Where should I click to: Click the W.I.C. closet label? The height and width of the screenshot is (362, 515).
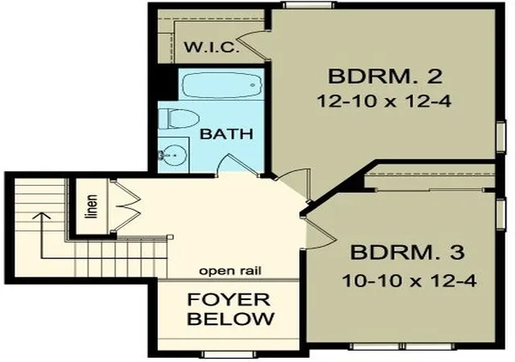coord(212,47)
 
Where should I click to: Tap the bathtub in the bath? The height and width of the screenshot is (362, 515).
coord(222,84)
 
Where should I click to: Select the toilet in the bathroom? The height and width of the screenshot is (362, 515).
coord(179,118)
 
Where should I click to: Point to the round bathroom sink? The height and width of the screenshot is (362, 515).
coord(173,154)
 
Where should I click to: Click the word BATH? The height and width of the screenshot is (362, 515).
coord(227,134)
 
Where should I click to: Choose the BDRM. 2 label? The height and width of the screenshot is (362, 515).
coord(385,76)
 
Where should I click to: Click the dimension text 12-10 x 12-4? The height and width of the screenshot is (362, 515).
coord(384,101)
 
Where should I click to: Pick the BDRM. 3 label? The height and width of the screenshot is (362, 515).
coord(408,253)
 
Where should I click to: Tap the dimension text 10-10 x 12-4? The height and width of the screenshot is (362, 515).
coord(409,282)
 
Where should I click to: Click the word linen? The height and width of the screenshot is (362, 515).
coord(91,207)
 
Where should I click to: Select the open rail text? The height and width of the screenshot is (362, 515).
coord(231,271)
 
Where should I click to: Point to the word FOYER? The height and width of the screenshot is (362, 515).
coord(229,299)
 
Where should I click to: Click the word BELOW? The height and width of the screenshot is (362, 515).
coord(231,318)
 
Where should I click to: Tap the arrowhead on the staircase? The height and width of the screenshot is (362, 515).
coord(41,216)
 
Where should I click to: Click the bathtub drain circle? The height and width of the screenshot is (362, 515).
coord(253,85)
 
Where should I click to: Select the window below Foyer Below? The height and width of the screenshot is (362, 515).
coord(229,355)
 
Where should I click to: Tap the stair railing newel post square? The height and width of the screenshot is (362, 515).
coord(170,237)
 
